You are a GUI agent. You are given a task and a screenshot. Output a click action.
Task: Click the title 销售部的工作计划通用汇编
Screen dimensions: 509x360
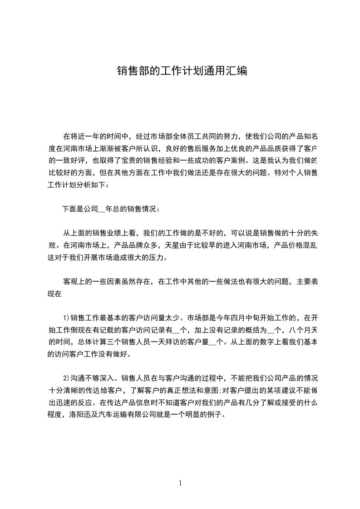pyautogui.click(x=182, y=71)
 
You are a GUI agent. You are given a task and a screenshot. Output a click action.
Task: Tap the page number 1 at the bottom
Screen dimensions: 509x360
pyautogui.click(x=180, y=483)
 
